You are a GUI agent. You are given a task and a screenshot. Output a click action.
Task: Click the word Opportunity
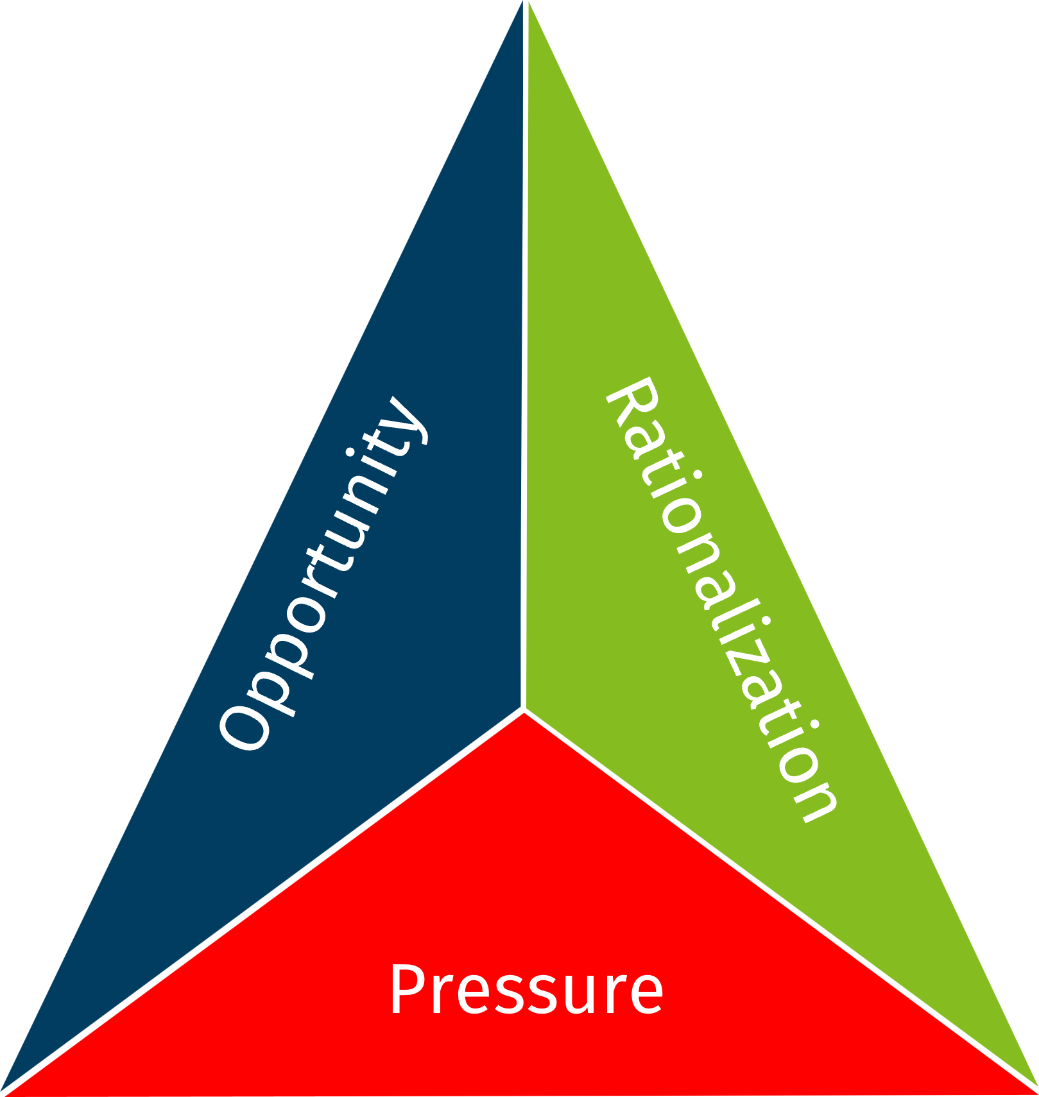click(323, 573)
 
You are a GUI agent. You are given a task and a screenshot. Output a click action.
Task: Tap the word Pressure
click(526, 989)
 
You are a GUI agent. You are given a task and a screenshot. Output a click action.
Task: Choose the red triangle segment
click(526, 898)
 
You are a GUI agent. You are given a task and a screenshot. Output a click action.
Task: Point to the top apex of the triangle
click(526, 4)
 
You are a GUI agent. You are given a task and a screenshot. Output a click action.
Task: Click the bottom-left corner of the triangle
click(5, 1091)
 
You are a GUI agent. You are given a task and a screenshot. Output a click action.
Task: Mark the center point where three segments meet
click(525, 710)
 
